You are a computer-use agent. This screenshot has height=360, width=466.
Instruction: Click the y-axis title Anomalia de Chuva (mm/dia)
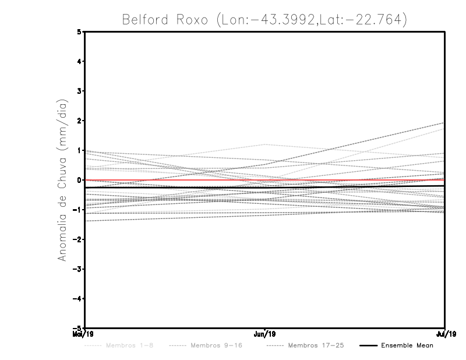pyautogui.click(x=62, y=180)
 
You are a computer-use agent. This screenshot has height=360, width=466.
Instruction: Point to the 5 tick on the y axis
pyautogui.click(x=79, y=32)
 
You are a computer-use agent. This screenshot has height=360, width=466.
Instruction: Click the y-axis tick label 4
pyautogui.click(x=79, y=62)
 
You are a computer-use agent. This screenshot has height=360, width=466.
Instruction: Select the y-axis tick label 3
pyautogui.click(x=79, y=91)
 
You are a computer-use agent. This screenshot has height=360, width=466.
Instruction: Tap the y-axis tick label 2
pyautogui.click(x=79, y=121)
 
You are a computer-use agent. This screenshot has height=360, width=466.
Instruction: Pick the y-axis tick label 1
pyautogui.click(x=79, y=150)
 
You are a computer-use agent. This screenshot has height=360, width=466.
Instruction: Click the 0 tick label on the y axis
pyautogui.click(x=79, y=180)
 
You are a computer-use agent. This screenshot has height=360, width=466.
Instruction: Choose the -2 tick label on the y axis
pyautogui.click(x=77, y=239)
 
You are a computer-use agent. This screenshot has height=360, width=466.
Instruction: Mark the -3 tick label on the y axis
pyautogui.click(x=77, y=269)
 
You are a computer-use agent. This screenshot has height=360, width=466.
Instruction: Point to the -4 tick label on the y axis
pyautogui.click(x=77, y=298)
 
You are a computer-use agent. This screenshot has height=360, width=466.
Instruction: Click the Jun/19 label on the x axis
pyautogui.click(x=265, y=334)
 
